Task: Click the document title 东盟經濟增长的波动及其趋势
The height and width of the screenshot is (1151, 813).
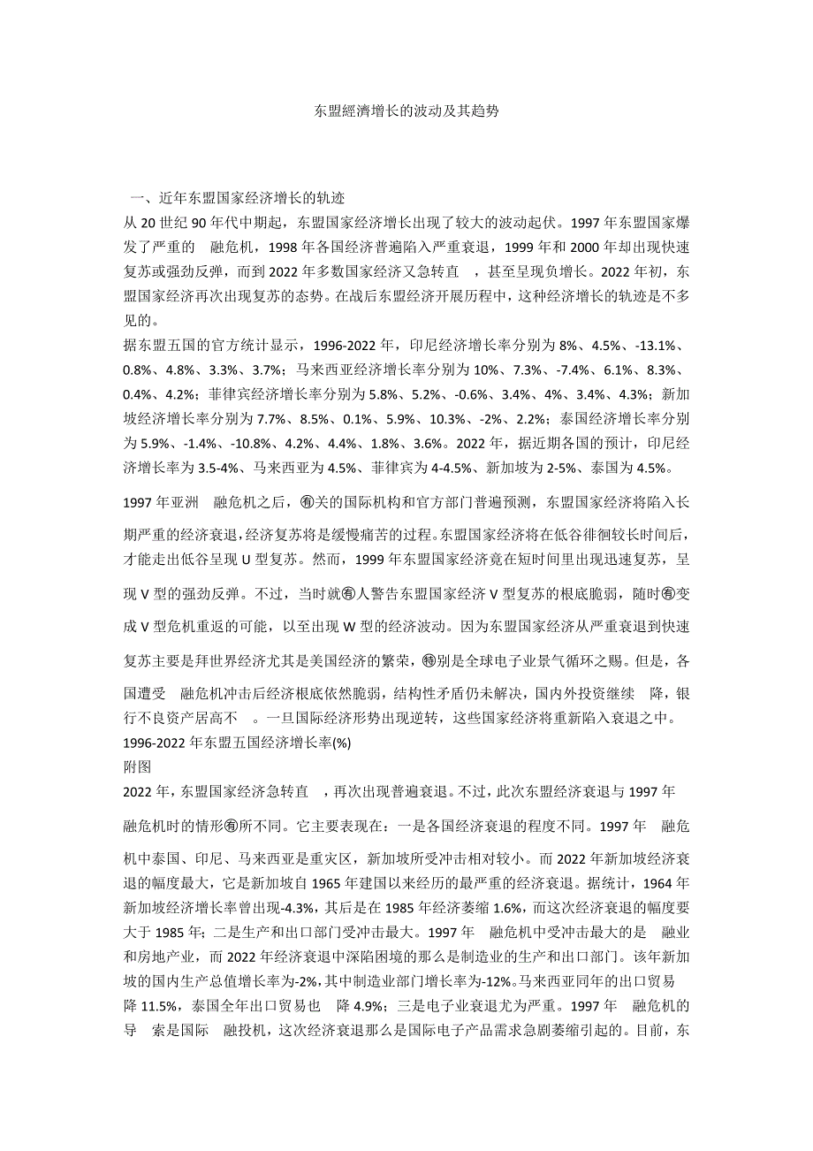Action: click(406, 113)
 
